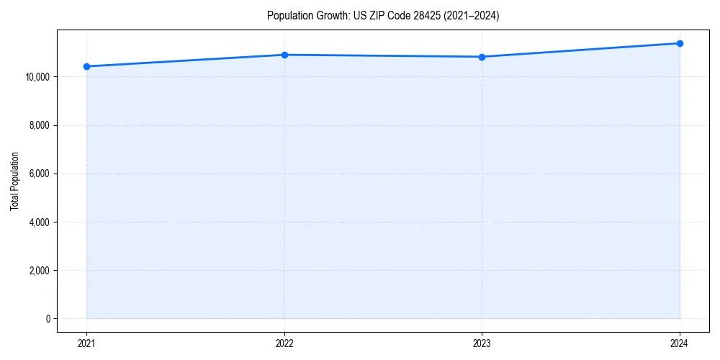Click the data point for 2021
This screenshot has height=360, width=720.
[87, 66]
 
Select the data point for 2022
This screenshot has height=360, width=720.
[284, 55]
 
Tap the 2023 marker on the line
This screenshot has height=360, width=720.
[482, 57]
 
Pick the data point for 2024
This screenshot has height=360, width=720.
[680, 43]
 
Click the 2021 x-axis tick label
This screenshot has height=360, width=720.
[87, 343]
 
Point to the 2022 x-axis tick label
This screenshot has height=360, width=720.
[284, 343]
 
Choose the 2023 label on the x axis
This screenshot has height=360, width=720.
[482, 343]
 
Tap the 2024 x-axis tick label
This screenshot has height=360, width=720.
[680, 343]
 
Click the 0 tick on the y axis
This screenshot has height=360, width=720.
[47, 319]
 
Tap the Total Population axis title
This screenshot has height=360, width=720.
[14, 181]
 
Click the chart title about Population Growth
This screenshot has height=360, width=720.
[382, 16]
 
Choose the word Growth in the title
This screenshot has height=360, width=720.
[328, 16]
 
